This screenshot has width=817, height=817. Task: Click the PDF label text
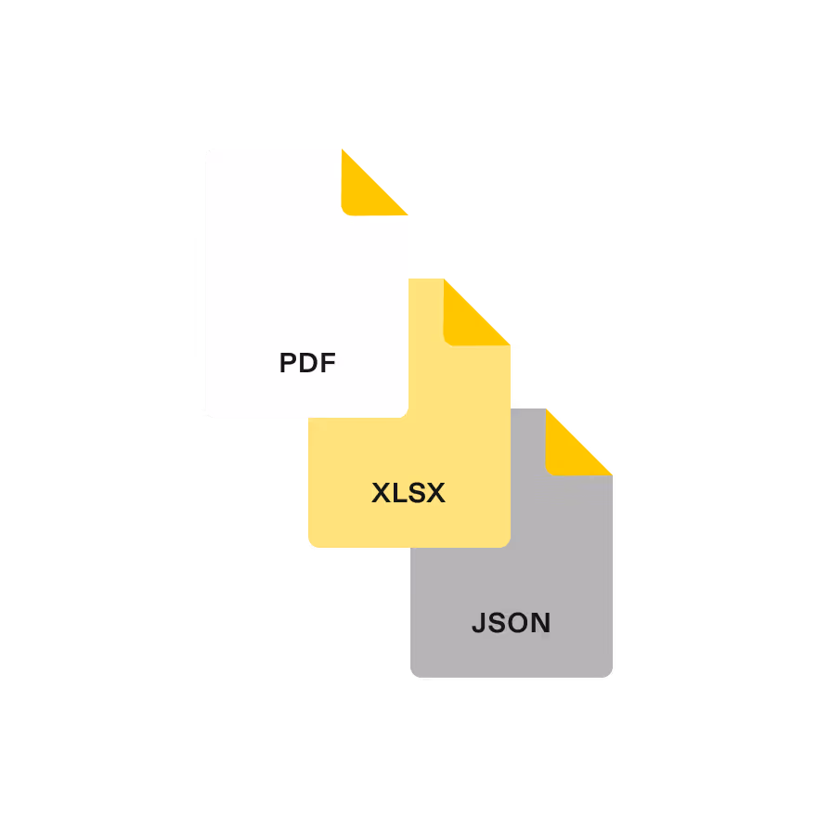tap(307, 363)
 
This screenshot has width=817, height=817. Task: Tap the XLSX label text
tap(408, 493)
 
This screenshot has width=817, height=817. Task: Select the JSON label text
tap(511, 623)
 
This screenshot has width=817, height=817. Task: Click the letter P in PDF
tap(288, 363)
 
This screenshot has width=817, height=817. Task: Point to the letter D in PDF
tap(307, 363)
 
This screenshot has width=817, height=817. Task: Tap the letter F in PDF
tap(327, 363)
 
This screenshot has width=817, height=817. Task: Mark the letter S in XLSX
tap(417, 493)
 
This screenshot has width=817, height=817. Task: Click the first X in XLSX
tap(382, 493)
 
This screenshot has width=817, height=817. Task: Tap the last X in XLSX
tap(436, 493)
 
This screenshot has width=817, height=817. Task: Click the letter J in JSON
tap(478, 623)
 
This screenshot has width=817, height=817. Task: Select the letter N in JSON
tap(541, 623)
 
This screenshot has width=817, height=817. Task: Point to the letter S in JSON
tap(497, 623)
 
